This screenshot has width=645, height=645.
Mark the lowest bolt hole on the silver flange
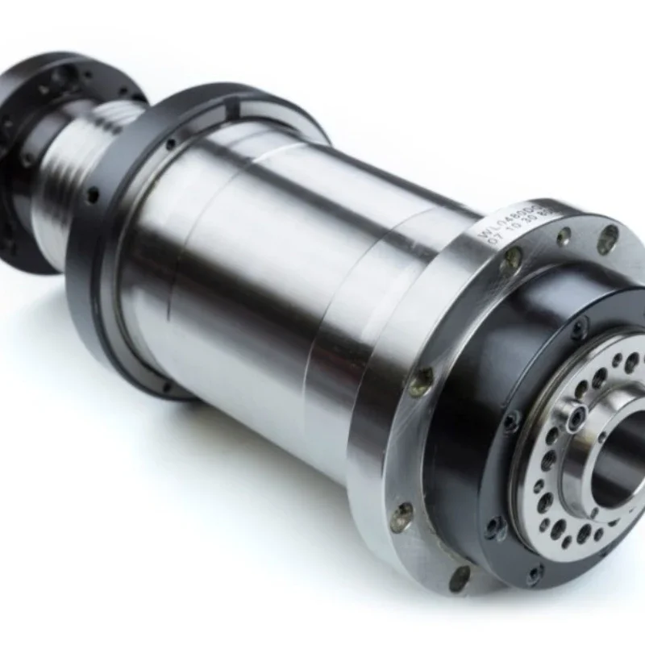[459, 577]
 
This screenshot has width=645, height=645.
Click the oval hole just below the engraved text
[511, 260]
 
